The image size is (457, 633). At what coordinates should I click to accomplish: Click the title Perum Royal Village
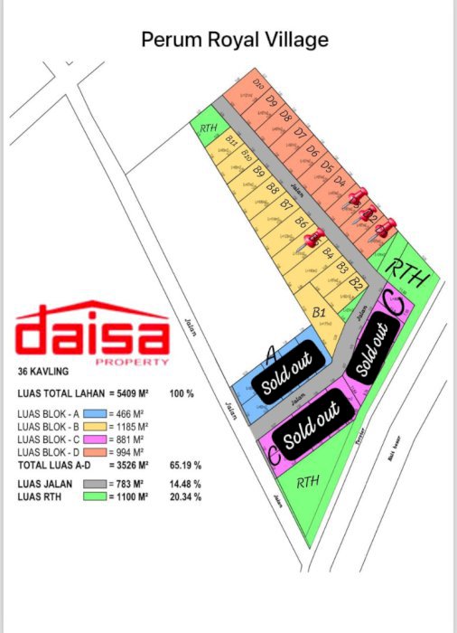(x=235, y=39)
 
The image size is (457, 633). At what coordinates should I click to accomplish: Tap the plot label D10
(x=258, y=86)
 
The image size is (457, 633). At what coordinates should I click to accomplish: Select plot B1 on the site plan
(x=318, y=312)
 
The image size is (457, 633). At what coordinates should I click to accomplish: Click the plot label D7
(x=300, y=133)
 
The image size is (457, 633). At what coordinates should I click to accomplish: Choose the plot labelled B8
(x=272, y=188)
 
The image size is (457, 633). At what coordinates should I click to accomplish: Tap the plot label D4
(x=340, y=181)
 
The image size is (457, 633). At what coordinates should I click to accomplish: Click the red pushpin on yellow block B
(x=314, y=238)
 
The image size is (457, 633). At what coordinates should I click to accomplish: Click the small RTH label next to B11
(x=207, y=129)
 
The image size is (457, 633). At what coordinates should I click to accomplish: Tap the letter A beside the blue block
(x=268, y=350)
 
